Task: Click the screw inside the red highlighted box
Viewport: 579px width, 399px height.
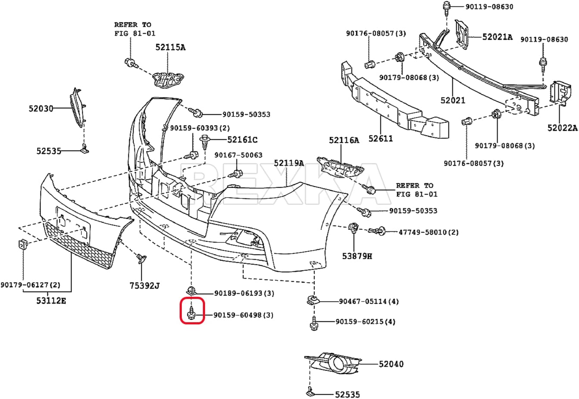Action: pyautogui.click(x=191, y=313)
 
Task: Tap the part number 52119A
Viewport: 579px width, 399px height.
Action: pyautogui.click(x=289, y=163)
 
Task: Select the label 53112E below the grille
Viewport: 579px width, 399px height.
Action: pyautogui.click(x=51, y=301)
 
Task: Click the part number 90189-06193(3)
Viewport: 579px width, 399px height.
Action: pyautogui.click(x=244, y=293)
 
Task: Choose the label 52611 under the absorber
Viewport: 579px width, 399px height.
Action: pyautogui.click(x=380, y=139)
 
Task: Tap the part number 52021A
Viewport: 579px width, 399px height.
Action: pyautogui.click(x=497, y=37)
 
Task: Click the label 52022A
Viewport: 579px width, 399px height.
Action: pyautogui.click(x=562, y=128)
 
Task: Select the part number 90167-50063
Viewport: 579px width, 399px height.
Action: pyautogui.click(x=238, y=155)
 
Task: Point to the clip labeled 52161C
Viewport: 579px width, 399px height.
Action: pyautogui.click(x=205, y=142)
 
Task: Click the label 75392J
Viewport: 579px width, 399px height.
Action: pyautogui.click(x=144, y=286)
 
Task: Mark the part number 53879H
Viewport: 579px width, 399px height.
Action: pyautogui.click(x=357, y=256)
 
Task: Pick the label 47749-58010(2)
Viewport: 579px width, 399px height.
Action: pyautogui.click(x=429, y=232)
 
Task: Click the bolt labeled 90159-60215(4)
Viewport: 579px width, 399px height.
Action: pyautogui.click(x=314, y=323)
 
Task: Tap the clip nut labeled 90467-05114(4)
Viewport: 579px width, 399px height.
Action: pyautogui.click(x=313, y=300)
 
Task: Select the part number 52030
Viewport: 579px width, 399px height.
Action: pyautogui.click(x=41, y=108)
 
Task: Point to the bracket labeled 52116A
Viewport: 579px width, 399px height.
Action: pyautogui.click(x=340, y=167)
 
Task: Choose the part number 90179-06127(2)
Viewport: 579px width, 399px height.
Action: pyautogui.click(x=30, y=285)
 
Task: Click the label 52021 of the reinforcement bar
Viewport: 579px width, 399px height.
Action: pyautogui.click(x=453, y=100)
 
